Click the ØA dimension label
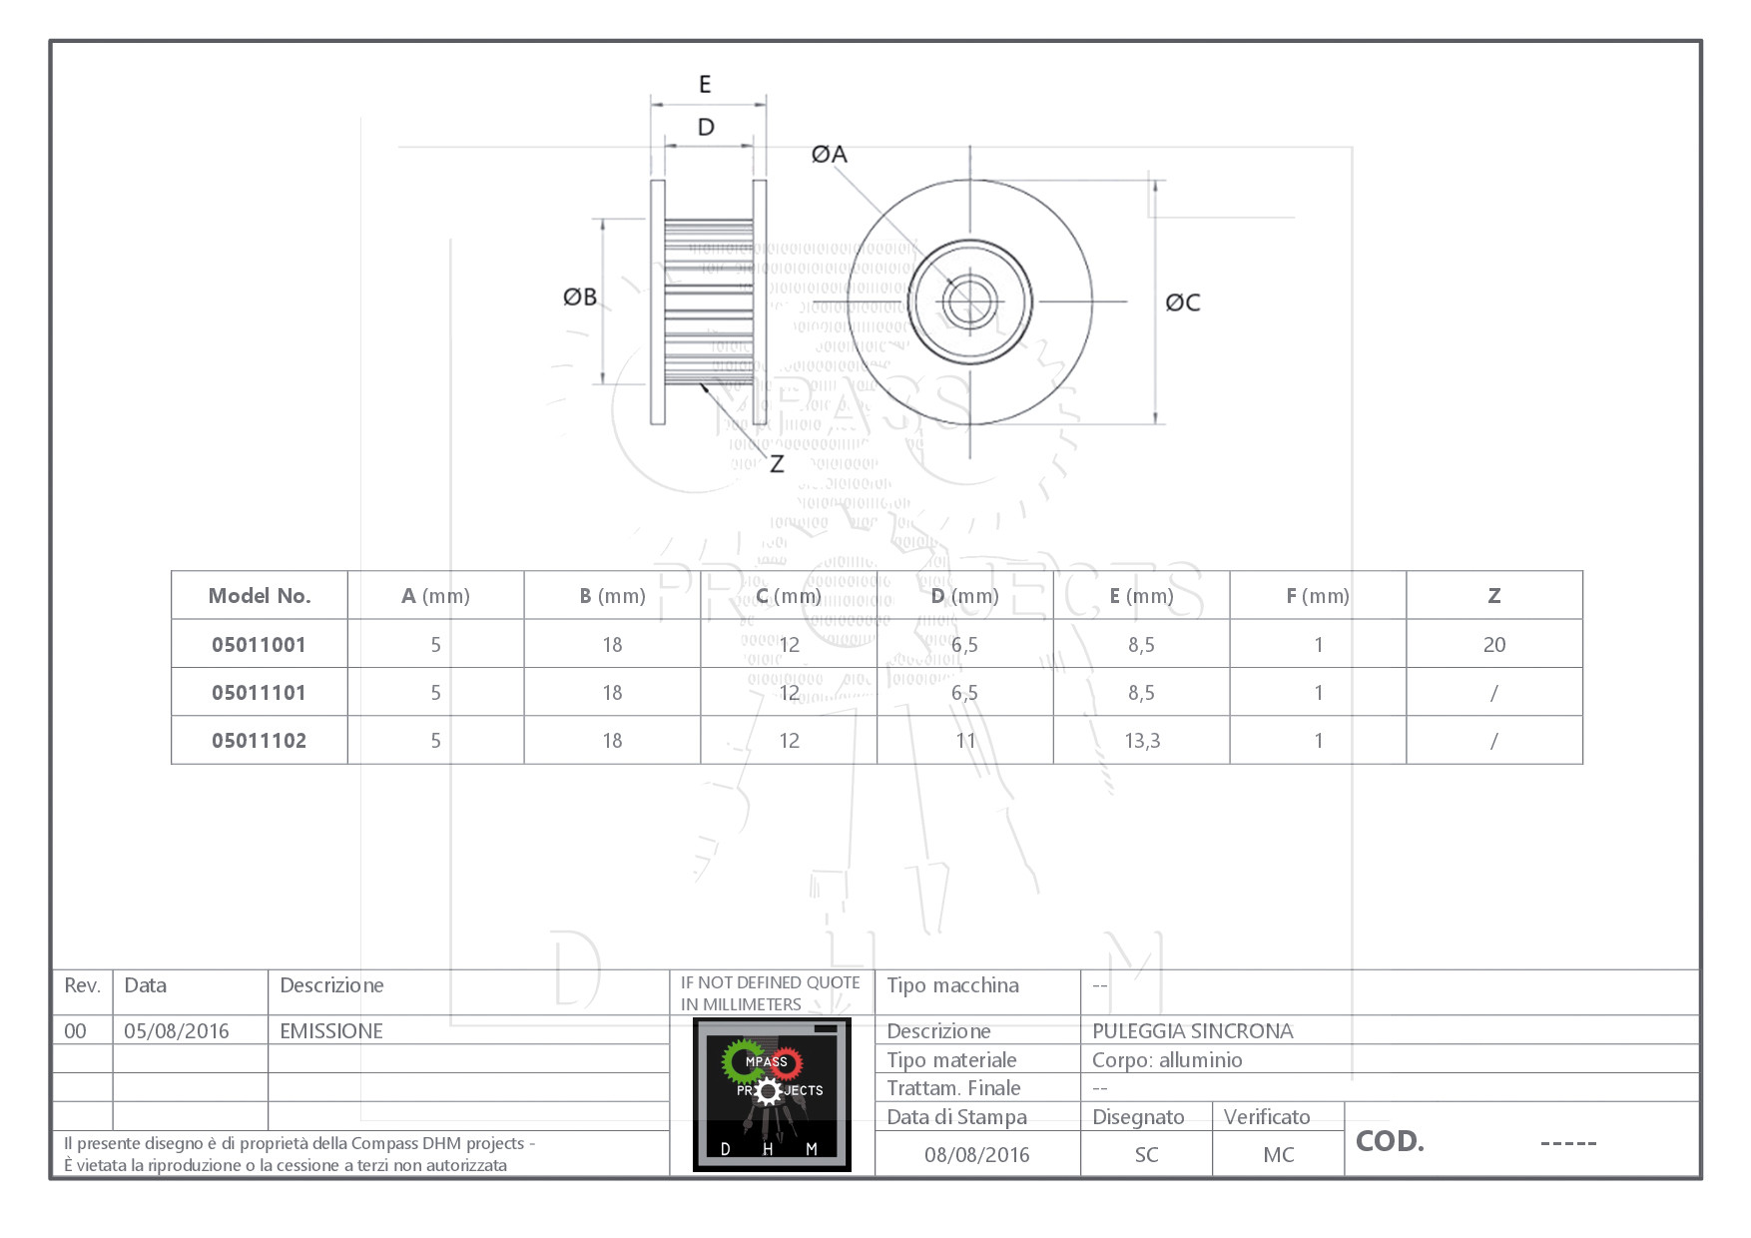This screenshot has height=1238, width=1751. point(829,154)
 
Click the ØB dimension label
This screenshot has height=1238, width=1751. point(580,297)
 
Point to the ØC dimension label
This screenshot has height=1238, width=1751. point(1183,303)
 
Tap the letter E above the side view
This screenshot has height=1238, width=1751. point(705,84)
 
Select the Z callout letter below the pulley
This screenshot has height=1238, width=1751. point(777,464)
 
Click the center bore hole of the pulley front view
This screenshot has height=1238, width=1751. point(969,301)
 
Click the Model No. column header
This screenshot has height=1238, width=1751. point(260,596)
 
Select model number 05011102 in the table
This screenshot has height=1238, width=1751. point(260,741)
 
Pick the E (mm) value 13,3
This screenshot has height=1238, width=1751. point(1142,741)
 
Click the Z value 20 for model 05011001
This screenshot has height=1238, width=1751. point(1493,645)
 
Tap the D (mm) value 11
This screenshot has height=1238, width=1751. point(965,741)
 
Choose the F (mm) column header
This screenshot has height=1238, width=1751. point(1318,596)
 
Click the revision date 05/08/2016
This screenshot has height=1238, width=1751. point(177,1031)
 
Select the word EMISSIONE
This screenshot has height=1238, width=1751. point(331,1031)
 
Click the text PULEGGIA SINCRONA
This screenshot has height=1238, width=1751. point(1192,1031)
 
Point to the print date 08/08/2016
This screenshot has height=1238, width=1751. point(976,1155)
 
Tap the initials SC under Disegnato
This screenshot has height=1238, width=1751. point(1146,1155)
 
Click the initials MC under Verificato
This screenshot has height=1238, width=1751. point(1278,1155)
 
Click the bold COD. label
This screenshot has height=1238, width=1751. point(1390,1141)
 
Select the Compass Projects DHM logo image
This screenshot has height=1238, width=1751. point(772,1094)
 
